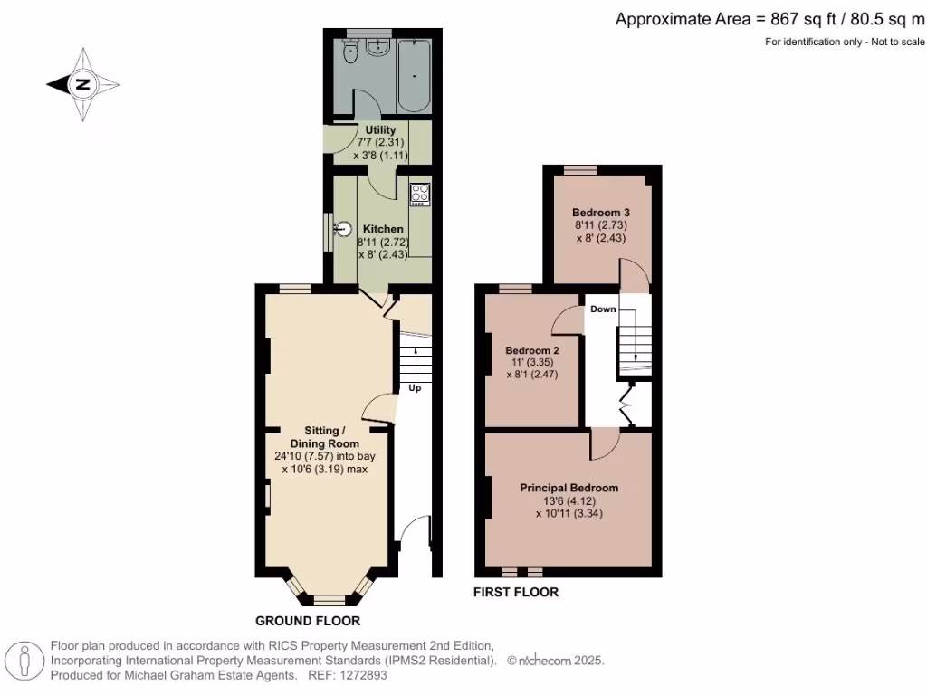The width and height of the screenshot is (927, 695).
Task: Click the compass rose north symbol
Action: [x=82, y=85]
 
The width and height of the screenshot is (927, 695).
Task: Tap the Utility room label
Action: [x=379, y=130]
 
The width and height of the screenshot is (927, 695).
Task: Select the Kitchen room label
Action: [x=383, y=229]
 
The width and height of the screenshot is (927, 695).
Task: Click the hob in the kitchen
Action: [x=419, y=193]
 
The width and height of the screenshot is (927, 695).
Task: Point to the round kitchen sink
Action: [x=343, y=229]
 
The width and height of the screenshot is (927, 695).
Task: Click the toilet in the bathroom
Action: [x=352, y=54]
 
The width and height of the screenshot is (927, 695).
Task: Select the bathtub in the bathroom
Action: [x=416, y=77]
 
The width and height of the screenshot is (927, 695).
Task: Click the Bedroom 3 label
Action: [x=599, y=213]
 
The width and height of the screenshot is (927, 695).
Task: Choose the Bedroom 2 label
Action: [x=532, y=350]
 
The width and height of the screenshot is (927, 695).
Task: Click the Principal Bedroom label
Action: [x=569, y=488]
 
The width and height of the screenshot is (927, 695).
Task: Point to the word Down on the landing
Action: [x=603, y=309]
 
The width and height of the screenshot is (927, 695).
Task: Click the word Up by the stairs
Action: [x=415, y=387]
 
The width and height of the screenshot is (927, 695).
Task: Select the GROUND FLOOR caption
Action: [x=308, y=621]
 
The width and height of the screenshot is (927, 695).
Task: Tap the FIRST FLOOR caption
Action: [x=516, y=593]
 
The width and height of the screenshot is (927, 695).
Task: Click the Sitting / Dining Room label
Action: [x=324, y=437]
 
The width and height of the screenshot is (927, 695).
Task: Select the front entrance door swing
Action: [x=416, y=533]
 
